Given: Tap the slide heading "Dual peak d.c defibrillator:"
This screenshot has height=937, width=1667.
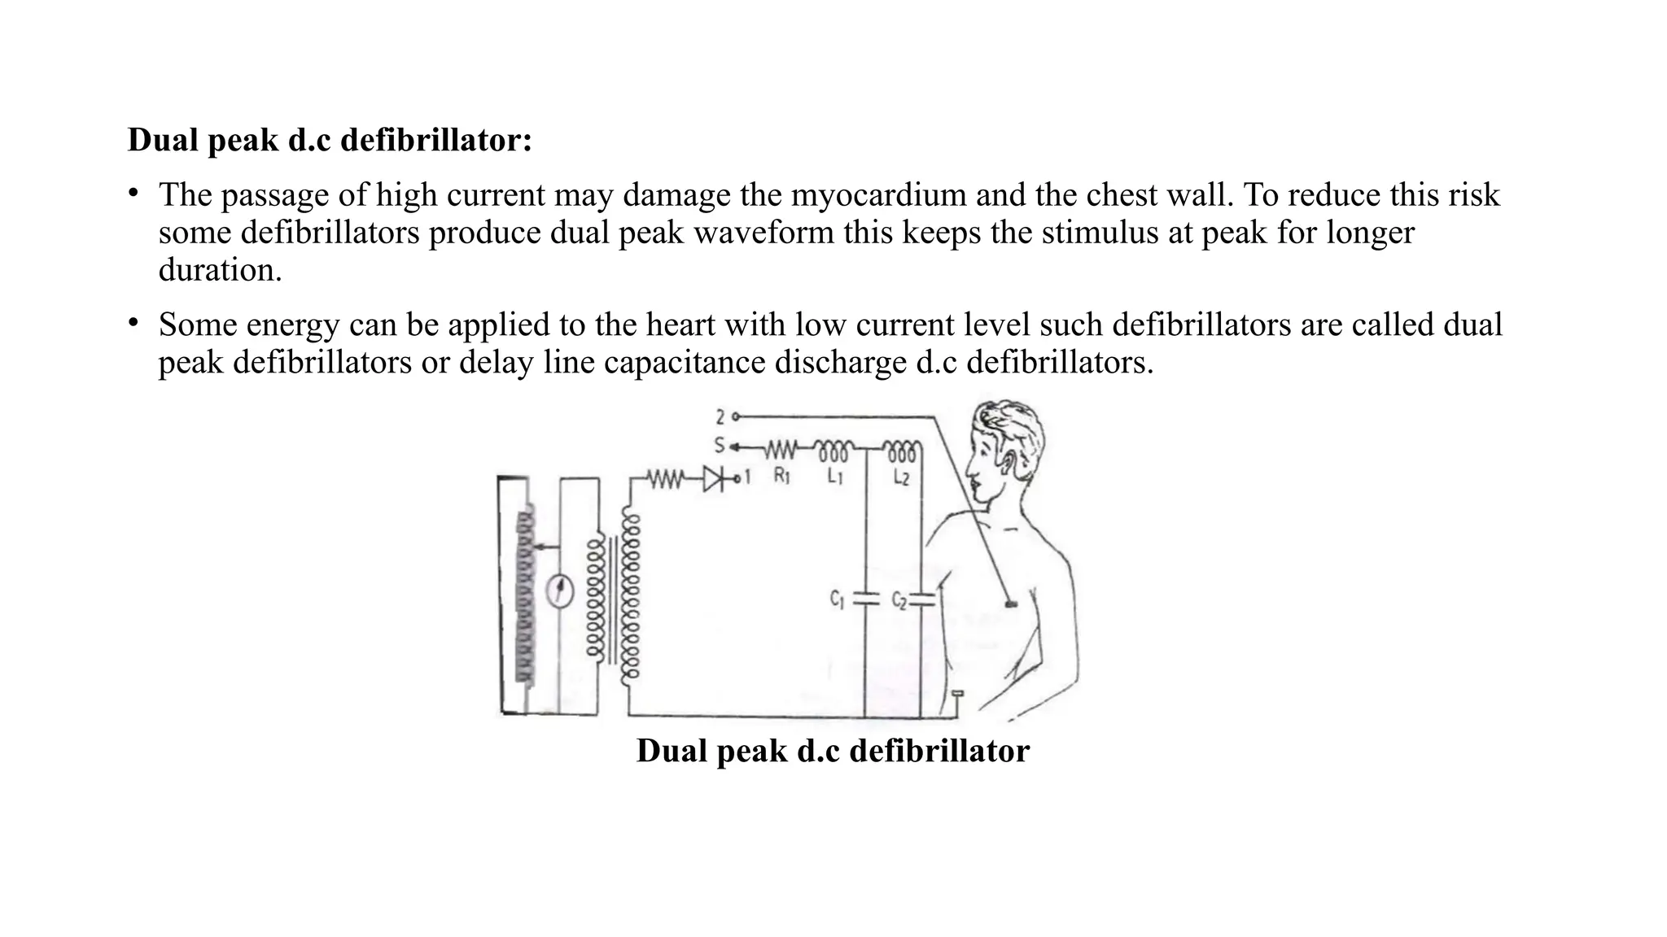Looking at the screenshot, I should tap(330, 140).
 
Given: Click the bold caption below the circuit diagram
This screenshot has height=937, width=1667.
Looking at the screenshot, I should tap(833, 750).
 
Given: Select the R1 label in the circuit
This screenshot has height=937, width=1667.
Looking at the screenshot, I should tap(781, 476).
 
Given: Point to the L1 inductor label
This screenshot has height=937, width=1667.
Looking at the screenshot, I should tap(835, 476).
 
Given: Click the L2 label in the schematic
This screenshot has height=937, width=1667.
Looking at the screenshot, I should tap(901, 477).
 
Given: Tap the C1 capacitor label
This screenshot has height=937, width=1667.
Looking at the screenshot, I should tap(838, 599).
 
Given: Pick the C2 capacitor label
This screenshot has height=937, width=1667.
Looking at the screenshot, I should tap(899, 601).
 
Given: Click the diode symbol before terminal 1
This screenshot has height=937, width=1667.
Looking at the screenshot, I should tap(714, 478).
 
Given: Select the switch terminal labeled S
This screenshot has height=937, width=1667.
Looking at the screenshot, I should tap(720, 446).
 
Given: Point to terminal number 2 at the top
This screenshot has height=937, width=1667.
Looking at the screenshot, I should tap(720, 417).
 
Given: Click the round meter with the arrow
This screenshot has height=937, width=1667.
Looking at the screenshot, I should tap(558, 591).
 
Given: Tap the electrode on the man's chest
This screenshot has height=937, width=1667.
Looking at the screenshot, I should tap(1011, 604).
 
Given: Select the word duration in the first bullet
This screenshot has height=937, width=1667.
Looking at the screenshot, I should tap(220, 270).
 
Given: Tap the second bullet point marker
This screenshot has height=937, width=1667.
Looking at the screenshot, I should tap(133, 323).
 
